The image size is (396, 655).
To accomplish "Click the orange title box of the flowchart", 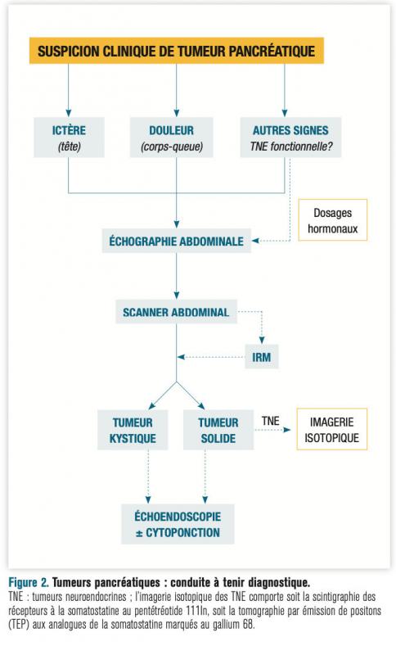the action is coord(176,51).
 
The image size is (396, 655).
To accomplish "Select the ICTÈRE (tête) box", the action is coord(69,138).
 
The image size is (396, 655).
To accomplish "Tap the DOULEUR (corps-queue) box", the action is coord(172,138).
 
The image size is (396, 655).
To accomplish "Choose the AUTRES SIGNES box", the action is coord(290,138).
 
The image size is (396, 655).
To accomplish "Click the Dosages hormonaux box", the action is coord(332,220).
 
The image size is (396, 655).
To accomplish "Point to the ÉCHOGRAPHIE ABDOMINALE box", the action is coord(176,241).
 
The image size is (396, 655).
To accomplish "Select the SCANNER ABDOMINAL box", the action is coord(176,312).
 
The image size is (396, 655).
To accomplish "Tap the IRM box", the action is coord(262,357).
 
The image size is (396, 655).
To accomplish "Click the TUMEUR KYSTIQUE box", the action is coord(133,430).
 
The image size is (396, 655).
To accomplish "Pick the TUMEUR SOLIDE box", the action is coord(218,430).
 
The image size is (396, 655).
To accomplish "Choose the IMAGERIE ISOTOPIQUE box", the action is coord(331,429).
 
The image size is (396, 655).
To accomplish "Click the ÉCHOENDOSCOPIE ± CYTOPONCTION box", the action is coord(178,524).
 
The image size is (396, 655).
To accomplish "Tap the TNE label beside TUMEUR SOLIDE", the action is coord(270,421).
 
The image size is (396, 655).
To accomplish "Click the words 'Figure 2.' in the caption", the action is coord(29,582).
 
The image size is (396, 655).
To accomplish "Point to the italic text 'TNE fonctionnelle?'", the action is coord(290,147).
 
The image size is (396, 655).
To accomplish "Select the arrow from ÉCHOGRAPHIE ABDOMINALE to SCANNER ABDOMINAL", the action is coord(177,276).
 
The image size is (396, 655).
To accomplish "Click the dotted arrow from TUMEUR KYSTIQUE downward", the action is coord(148,477).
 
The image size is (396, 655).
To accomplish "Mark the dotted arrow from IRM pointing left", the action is coord(211,357).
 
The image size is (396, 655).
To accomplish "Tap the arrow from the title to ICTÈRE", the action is coord(69,90).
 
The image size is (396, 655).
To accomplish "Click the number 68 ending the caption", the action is coord(248,626).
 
